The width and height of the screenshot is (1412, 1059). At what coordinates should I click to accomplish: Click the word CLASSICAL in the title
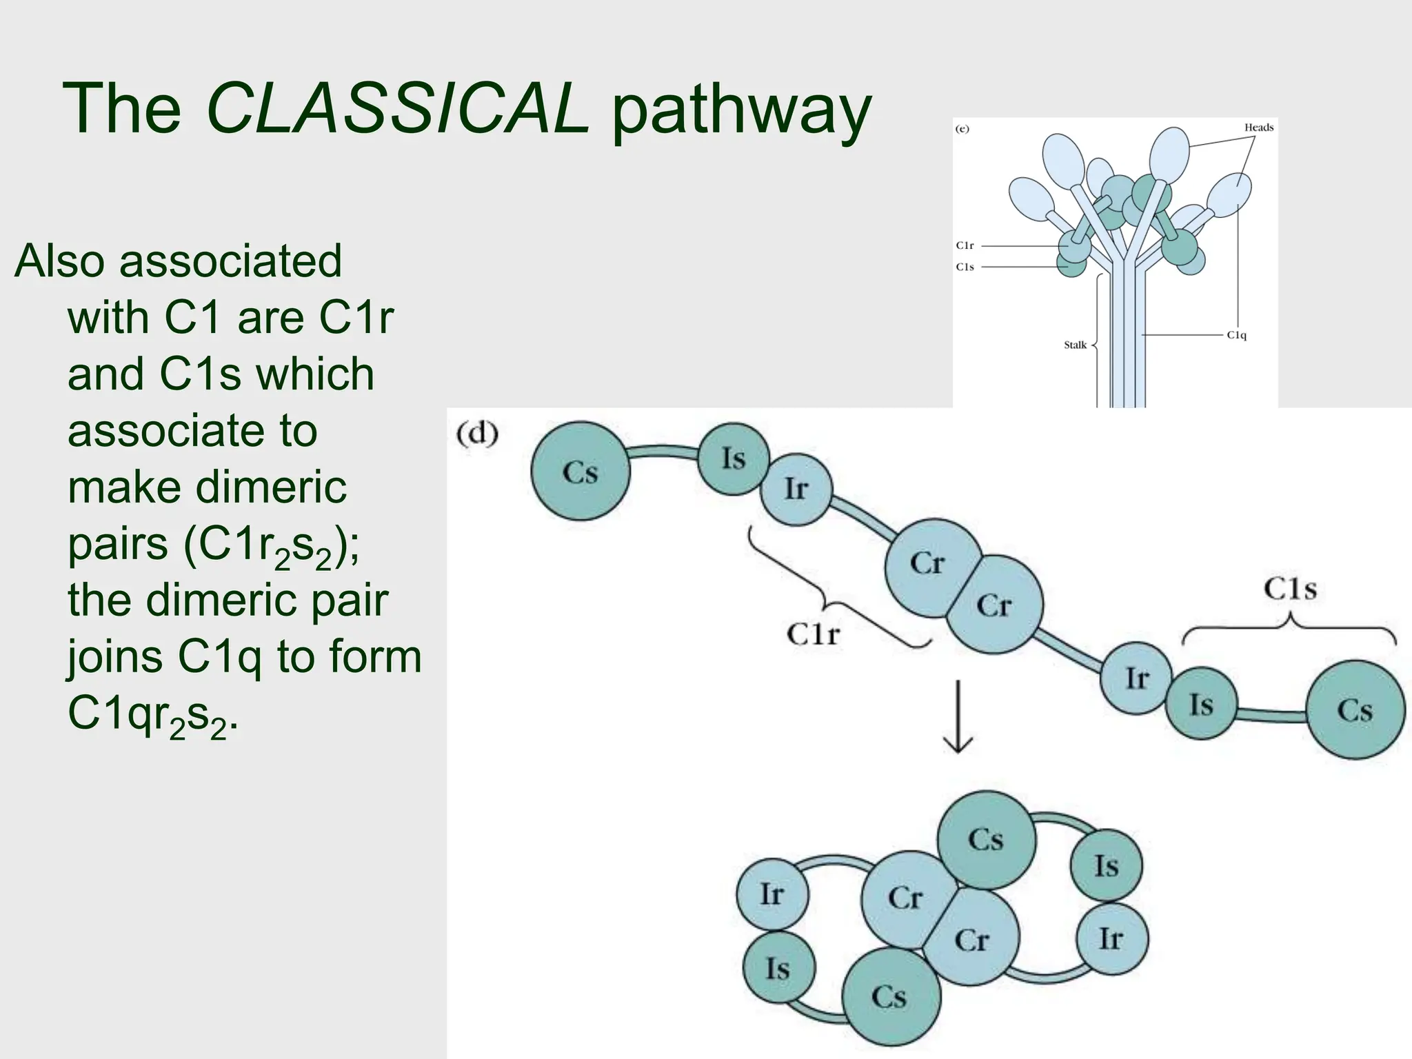click(x=398, y=109)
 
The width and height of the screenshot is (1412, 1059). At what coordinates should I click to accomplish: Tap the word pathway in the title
click(x=741, y=110)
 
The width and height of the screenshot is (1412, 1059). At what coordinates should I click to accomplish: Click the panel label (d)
click(x=477, y=434)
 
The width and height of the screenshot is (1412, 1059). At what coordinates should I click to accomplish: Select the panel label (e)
click(x=962, y=129)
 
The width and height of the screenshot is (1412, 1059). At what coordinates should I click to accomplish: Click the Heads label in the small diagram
click(x=1258, y=128)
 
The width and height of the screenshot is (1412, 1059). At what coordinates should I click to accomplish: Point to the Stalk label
click(x=1075, y=345)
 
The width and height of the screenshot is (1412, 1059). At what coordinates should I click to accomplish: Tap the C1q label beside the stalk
click(x=1236, y=335)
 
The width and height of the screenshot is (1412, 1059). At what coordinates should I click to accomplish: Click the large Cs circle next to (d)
click(x=580, y=472)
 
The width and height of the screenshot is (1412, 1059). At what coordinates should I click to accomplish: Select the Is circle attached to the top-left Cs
click(x=734, y=458)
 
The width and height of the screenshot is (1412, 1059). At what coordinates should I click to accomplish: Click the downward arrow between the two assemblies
click(x=958, y=717)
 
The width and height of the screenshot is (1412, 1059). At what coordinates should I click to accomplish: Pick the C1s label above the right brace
click(x=1290, y=589)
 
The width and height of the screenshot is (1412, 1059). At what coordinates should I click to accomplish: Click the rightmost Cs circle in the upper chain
click(x=1355, y=710)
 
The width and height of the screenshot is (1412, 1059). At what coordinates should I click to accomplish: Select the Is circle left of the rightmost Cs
click(x=1201, y=705)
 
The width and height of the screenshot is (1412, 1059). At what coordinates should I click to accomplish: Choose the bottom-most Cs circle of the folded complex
click(x=890, y=997)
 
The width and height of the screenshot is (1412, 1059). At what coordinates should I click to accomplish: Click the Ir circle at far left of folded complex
click(x=771, y=894)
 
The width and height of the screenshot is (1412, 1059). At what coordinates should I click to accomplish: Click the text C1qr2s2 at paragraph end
click(x=152, y=714)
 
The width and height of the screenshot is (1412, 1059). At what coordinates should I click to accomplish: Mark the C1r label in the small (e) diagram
click(x=965, y=245)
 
